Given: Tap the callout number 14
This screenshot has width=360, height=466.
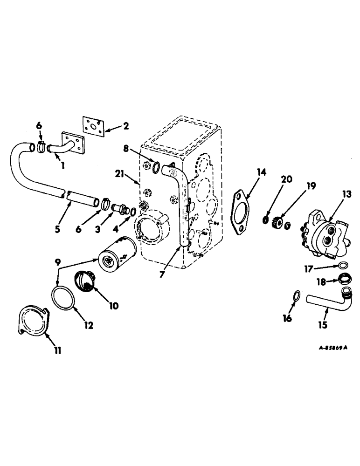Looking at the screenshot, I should [262, 173].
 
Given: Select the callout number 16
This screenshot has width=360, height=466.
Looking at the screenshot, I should [288, 318].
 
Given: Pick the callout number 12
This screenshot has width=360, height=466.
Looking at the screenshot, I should [88, 325].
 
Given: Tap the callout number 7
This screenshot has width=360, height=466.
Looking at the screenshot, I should [162, 274].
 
